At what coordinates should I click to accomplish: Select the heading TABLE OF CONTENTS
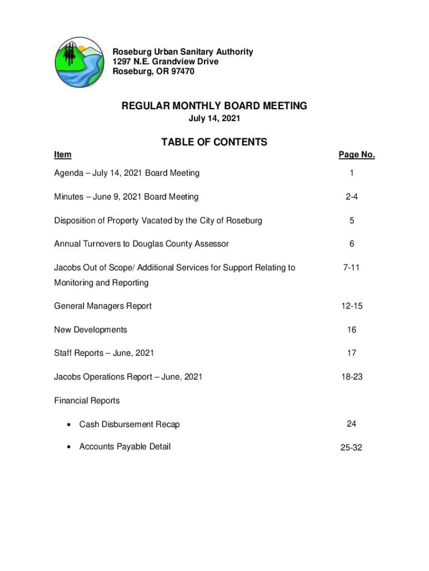(214, 142)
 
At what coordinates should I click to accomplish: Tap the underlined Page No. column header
(357, 155)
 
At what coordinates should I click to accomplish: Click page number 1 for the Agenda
(352, 173)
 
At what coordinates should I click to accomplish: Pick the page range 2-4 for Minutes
(352, 197)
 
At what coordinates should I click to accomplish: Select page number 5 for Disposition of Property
(352, 220)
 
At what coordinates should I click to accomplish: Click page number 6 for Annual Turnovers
(352, 244)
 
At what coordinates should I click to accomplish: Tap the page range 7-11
(352, 268)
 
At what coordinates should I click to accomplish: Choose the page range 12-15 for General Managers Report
(352, 306)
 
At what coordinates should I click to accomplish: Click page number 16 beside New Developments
(352, 330)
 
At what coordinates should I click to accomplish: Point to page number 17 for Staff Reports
(352, 353)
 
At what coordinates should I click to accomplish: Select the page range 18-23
(352, 377)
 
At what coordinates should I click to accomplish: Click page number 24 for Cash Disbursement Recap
(352, 424)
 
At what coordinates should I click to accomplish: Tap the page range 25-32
(352, 448)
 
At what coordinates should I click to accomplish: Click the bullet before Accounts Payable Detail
(68, 447)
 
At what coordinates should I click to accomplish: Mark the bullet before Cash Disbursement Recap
(68, 425)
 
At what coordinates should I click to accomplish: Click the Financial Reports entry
(87, 400)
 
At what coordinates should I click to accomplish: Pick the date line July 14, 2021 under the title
(214, 119)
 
